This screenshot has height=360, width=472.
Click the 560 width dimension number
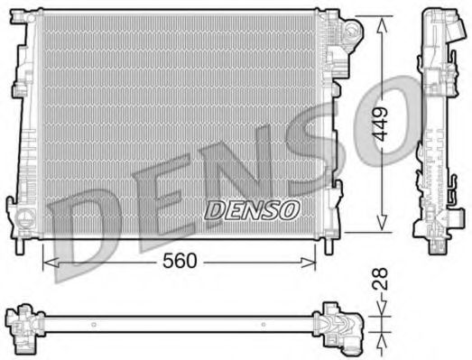click(x=180, y=261)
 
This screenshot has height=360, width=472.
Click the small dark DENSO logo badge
click(x=252, y=210)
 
